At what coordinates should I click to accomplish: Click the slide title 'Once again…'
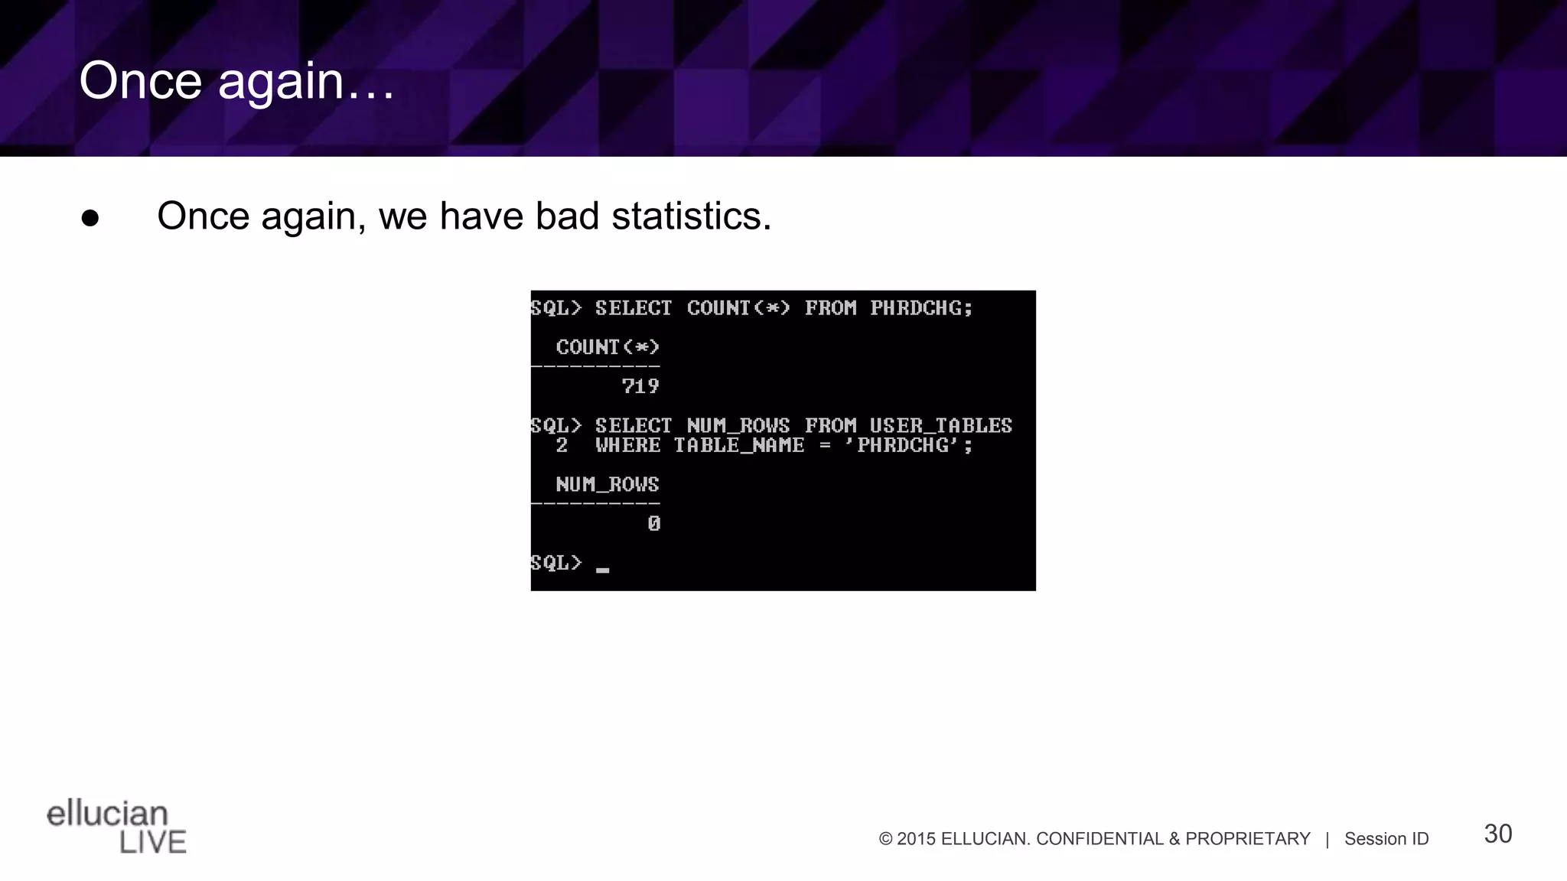pos(236,81)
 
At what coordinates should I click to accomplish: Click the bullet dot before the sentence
pos(90,218)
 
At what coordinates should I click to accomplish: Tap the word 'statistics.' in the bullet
pos(691,216)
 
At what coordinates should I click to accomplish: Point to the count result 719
pos(640,387)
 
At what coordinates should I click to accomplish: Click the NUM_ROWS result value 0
pos(653,524)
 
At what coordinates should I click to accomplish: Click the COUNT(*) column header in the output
pos(608,348)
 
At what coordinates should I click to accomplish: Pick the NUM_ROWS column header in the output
pos(608,485)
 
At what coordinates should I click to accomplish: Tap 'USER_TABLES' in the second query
pos(940,426)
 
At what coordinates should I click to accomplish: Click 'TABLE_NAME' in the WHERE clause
pos(738,446)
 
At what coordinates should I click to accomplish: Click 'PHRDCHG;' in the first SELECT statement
pos(921,308)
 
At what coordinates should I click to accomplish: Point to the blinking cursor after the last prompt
pos(603,570)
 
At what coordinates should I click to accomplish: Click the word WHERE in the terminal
pos(627,446)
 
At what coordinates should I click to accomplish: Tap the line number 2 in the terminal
pos(562,446)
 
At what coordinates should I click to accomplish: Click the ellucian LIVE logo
pos(116,827)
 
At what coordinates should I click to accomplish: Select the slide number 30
pos(1497,834)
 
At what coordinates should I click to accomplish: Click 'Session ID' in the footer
pos(1386,839)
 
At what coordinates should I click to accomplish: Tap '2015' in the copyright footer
pos(916,839)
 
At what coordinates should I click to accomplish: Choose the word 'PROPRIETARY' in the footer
pos(1247,839)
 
